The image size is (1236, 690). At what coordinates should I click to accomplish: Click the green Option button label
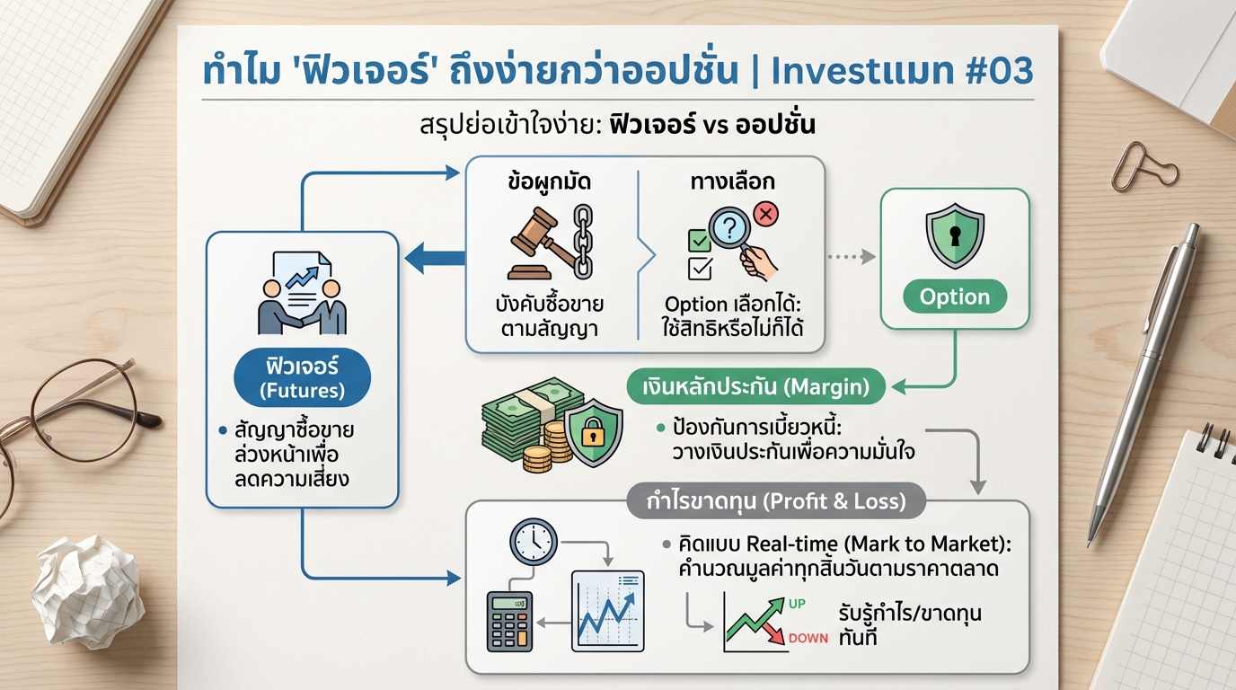pos(955,297)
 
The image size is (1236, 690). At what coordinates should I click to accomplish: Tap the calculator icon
pos(509,620)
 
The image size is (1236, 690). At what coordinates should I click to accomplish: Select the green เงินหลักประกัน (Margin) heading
pos(755,387)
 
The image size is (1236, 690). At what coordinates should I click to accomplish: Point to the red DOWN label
pos(807,638)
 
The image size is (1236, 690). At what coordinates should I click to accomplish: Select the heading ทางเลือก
pos(733,181)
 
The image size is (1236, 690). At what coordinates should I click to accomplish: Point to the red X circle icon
pos(766,214)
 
